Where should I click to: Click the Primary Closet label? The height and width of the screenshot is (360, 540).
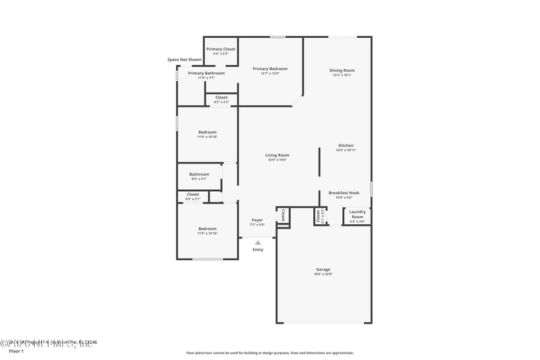[x=221, y=49]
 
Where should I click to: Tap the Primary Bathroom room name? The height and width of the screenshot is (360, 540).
[x=206, y=73]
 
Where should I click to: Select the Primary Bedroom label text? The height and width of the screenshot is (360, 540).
[x=270, y=68]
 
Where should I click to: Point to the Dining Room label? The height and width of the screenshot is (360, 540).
[x=342, y=70]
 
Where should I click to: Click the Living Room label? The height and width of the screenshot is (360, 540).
[x=277, y=155]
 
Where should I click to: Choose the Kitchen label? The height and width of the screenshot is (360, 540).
[x=346, y=145]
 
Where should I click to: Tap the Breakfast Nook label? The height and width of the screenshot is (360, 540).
[x=344, y=192]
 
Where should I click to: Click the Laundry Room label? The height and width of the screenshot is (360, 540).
[x=357, y=215]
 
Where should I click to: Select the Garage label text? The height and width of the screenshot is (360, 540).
[x=323, y=269]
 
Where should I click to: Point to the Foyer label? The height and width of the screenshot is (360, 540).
[x=257, y=220]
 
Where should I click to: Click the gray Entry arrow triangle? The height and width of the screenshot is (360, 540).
[x=258, y=242]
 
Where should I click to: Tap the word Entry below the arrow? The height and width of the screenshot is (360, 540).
[x=258, y=250]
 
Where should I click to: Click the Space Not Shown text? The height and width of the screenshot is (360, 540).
[x=184, y=59]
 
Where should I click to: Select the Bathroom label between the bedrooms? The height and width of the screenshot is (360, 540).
[x=199, y=174]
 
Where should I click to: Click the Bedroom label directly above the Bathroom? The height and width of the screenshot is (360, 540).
[x=207, y=132]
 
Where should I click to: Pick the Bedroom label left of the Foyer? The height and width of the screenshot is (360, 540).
[x=207, y=228]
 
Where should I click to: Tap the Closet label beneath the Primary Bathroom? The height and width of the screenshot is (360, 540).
[x=221, y=97]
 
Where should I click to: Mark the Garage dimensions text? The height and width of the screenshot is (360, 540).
[x=323, y=274]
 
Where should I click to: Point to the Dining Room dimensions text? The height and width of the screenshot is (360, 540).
[x=342, y=75]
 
